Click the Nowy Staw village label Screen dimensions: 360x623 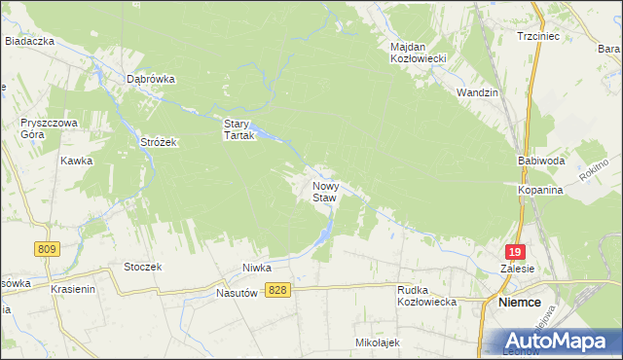click(x=324, y=191)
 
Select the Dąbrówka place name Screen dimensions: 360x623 click(x=150, y=80)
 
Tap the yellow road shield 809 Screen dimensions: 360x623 click(x=45, y=250)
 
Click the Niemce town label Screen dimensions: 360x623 click(x=520, y=302)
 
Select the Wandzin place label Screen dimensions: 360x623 click(x=477, y=92)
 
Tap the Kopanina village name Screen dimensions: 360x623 click(x=541, y=191)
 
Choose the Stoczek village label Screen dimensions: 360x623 click(x=142, y=266)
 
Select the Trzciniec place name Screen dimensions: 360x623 click(x=536, y=36)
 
